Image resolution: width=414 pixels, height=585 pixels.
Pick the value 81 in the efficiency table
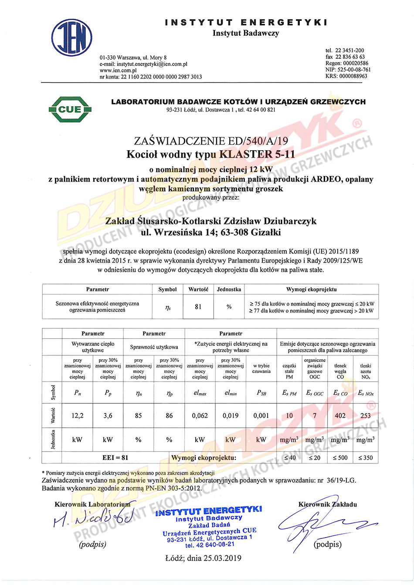(198, 307)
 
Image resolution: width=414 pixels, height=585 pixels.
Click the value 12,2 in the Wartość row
(78, 416)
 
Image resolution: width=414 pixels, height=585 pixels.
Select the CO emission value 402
(340, 416)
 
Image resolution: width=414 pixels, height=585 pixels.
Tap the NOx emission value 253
(366, 416)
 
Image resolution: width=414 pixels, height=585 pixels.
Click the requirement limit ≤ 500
(340, 457)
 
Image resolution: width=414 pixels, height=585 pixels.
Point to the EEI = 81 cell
(115, 457)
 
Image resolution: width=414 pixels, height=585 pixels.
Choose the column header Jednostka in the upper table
(229, 289)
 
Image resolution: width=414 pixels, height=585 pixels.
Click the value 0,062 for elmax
(200, 416)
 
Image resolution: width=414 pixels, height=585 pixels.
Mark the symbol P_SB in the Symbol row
(261, 393)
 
